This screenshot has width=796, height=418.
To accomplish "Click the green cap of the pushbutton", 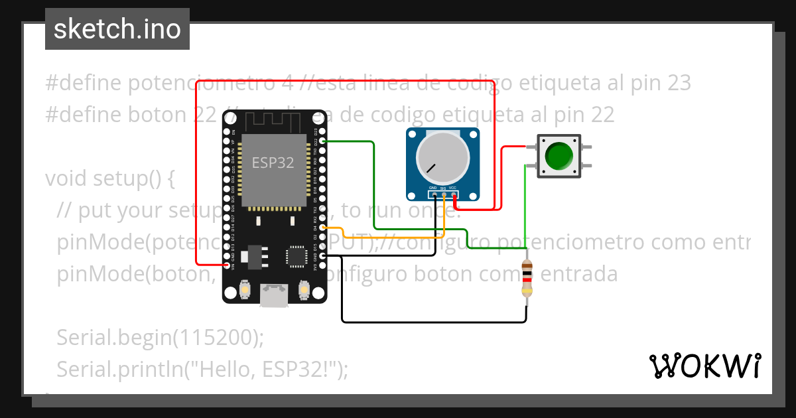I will pyautogui.click(x=559, y=155).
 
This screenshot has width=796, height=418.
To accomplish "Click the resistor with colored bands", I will pyautogui.click(x=527, y=279).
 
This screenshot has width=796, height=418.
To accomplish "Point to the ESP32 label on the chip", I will pyautogui.click(x=273, y=163).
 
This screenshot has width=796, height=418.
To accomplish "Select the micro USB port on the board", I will pyautogui.click(x=274, y=295).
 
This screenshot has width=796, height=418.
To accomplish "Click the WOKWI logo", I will pyautogui.click(x=704, y=366).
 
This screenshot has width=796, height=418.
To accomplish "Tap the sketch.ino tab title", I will pyautogui.click(x=117, y=30).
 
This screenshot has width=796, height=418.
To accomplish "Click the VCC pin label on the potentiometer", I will pyautogui.click(x=453, y=188).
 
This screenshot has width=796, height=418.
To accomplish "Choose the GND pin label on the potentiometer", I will pyautogui.click(x=432, y=188).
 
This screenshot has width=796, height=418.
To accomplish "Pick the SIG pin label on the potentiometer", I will pyautogui.click(x=443, y=188).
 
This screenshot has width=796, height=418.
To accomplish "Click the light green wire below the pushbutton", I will pyautogui.click(x=526, y=206).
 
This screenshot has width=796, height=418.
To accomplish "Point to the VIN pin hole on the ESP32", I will pyautogui.click(x=228, y=265).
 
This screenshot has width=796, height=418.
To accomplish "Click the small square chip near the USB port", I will pyautogui.click(x=297, y=255).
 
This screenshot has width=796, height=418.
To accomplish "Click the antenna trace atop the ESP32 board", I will pyautogui.click(x=274, y=122).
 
